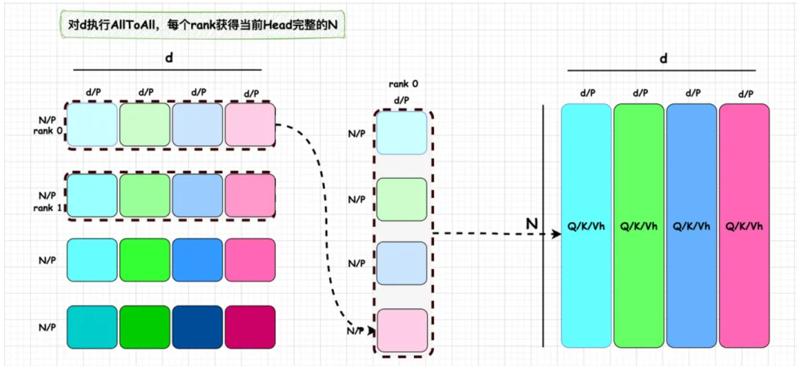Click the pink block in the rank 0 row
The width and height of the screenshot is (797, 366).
[x=250, y=124]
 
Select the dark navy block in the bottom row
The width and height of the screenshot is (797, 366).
[x=197, y=326]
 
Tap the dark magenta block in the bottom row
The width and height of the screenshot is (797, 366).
[x=250, y=326]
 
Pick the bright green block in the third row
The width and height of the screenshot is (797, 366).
[x=144, y=259]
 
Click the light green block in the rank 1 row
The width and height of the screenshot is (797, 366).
[x=144, y=195]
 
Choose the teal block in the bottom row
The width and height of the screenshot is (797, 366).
[x=92, y=326]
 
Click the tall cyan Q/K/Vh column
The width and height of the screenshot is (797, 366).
[x=586, y=226]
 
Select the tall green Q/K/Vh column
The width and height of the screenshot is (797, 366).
[x=639, y=226]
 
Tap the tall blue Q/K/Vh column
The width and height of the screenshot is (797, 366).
[x=692, y=226]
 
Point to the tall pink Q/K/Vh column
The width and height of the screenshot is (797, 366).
[x=744, y=226]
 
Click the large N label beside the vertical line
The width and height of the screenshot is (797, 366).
[x=532, y=223]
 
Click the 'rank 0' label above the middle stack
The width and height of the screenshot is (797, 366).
[x=403, y=84]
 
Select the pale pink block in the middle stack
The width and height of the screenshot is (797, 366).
[x=403, y=330]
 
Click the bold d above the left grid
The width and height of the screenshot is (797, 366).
[x=168, y=59]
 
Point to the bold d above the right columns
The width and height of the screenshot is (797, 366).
[x=664, y=59]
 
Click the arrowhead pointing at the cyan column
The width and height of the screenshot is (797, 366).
[x=556, y=234]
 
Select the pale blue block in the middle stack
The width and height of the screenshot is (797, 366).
[x=403, y=264]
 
